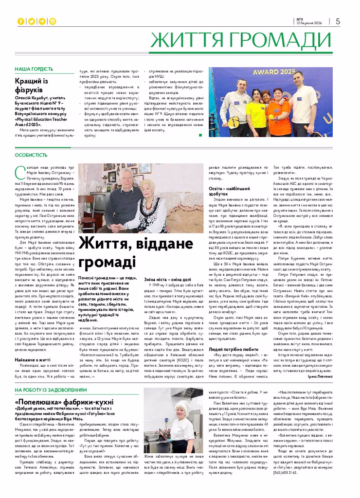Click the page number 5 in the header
(x=338, y=21)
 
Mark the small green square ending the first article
(x=200, y=135)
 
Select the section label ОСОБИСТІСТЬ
(x=31, y=155)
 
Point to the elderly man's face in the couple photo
(x=127, y=178)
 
